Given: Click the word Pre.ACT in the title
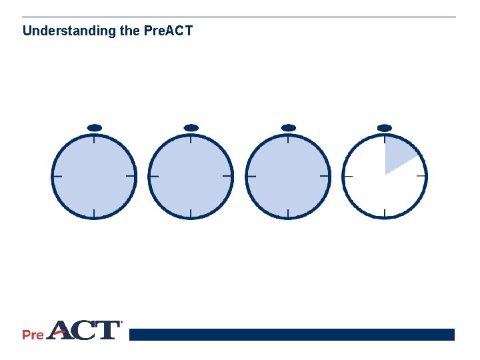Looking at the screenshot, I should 168,31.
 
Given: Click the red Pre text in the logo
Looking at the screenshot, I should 33,335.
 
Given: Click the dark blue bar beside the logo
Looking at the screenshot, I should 291,334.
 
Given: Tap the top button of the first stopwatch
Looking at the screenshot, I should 94,127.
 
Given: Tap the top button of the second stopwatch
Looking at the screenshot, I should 191,127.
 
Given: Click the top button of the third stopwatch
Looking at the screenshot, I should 288,127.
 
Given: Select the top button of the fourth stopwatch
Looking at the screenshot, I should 385,127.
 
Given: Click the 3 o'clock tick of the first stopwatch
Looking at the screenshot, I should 131,176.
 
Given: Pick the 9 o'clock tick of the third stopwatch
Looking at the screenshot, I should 251,176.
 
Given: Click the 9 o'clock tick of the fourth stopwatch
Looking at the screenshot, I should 348,176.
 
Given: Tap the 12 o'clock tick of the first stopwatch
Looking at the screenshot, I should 94,139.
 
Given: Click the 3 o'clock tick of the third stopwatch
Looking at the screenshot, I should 325,176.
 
